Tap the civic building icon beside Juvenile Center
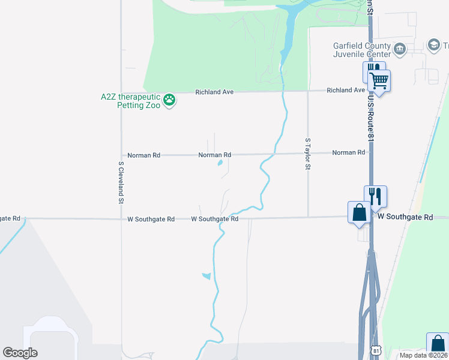(400, 47)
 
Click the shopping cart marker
(379, 79)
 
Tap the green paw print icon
(170, 100)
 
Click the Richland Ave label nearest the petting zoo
(214, 92)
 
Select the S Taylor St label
(307, 154)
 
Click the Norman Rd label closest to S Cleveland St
(143, 155)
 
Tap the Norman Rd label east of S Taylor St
(348, 152)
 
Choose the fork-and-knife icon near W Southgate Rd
(375, 196)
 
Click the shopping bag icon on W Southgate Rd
(359, 212)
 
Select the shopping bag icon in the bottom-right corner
(438, 344)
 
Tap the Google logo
(20, 353)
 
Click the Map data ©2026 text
(423, 355)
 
